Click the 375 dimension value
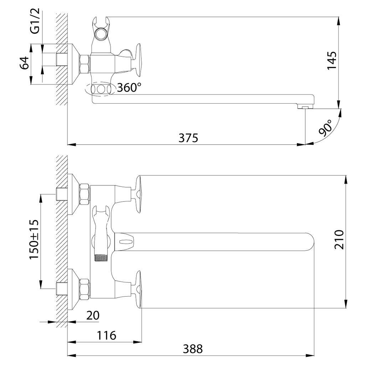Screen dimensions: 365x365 coord(188,138)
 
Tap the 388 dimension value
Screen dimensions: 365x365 coord(193,349)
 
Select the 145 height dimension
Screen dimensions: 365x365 coord(332,61)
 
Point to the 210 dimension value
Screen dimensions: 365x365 coord(339,240)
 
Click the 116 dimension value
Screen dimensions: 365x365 coord(106,335)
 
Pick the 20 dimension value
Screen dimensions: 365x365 coord(93,315)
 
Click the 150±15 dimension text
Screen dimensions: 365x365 coord(34,239)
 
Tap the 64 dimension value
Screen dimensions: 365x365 coord(24,63)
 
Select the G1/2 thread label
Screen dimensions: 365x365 coord(35,21)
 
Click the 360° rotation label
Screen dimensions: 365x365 coord(129,88)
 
